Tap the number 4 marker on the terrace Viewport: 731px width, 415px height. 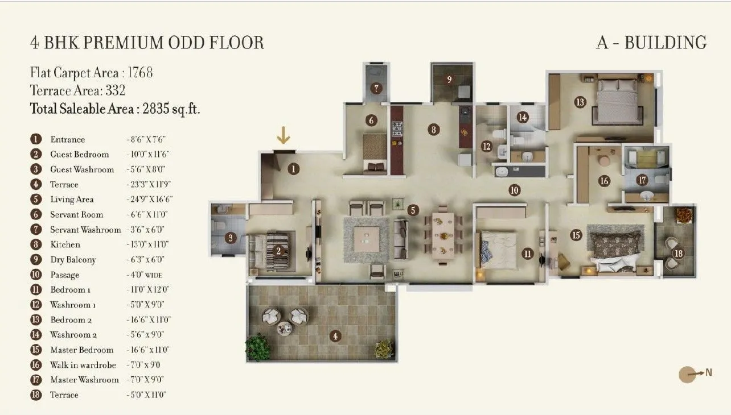click(x=335, y=336)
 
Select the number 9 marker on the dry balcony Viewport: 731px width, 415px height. click(x=449, y=80)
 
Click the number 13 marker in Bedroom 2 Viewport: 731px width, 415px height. click(x=580, y=102)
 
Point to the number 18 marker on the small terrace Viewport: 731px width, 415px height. click(x=678, y=253)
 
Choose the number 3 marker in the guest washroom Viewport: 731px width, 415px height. click(x=230, y=238)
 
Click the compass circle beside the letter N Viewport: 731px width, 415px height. click(x=687, y=374)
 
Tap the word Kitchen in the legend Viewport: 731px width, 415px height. click(x=65, y=244)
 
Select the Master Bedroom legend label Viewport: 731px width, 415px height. click(x=81, y=350)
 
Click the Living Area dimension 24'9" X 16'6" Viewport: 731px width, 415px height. click(x=149, y=200)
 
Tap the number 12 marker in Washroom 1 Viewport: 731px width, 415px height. click(x=486, y=146)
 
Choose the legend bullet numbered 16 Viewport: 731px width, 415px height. click(x=36, y=365)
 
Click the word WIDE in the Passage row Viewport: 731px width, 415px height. click(x=157, y=275)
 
